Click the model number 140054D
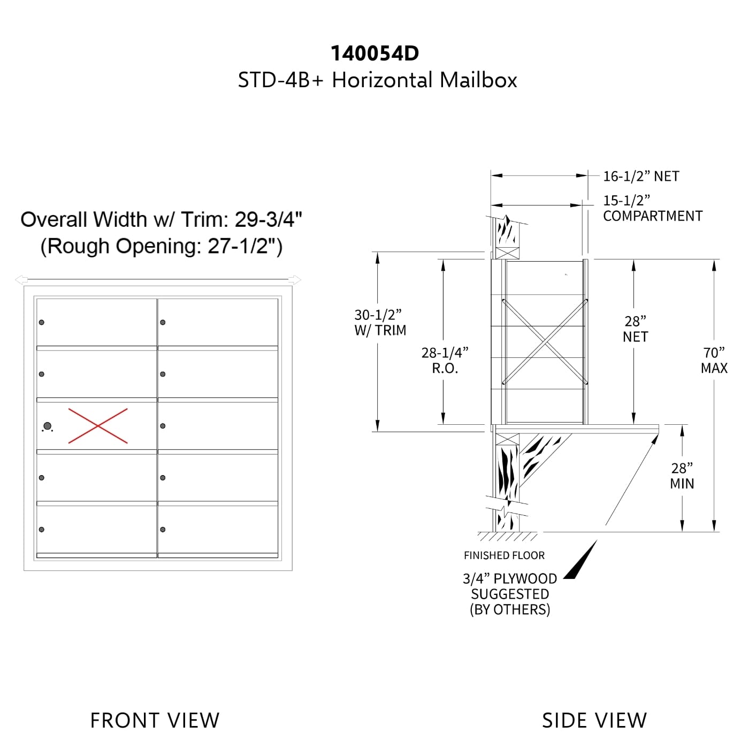point(374,53)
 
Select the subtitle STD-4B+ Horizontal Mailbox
point(377,80)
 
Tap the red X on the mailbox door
point(98,426)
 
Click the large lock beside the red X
point(48,426)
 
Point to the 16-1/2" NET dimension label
point(641,176)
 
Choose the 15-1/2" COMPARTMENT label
point(653,208)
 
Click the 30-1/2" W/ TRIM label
point(380,322)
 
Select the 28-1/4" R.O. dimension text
point(445,360)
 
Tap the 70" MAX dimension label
point(714,360)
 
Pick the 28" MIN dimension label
point(682,476)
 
